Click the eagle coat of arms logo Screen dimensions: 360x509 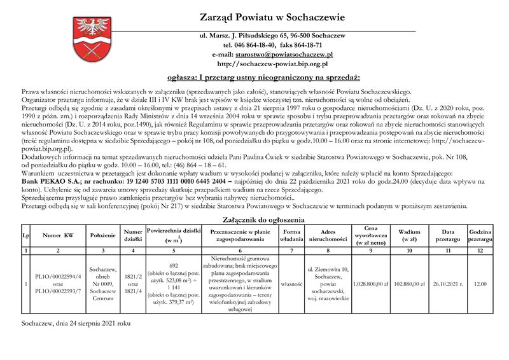pos(93,39)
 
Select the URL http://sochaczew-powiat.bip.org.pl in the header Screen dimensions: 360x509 pos(272,64)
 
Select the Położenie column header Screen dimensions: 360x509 pos(102,235)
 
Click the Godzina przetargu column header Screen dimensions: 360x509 pos(480,235)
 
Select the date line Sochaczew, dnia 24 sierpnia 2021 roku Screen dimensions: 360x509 pos(76,323)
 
